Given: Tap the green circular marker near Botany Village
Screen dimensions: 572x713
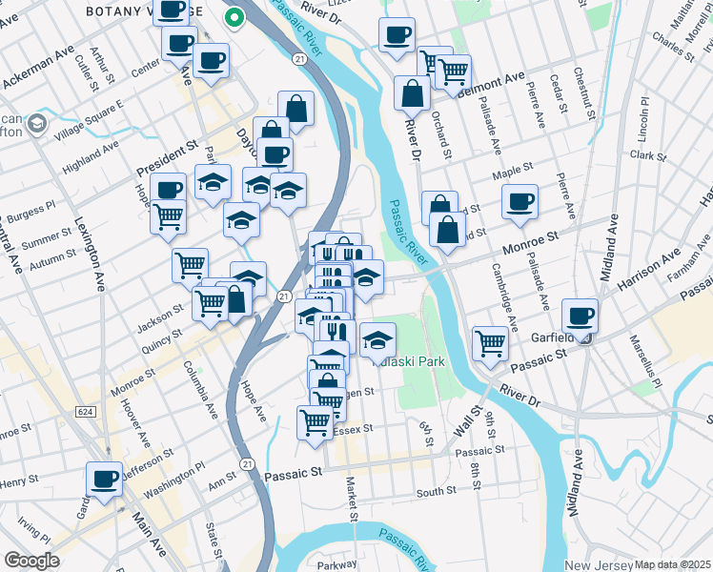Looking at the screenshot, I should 233,17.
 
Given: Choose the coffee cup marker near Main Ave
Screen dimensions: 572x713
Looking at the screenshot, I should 104,478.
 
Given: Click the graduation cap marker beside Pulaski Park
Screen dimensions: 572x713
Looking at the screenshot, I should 378,338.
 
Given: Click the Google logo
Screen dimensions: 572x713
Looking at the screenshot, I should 32,561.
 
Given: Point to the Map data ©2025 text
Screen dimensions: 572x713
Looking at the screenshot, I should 673,565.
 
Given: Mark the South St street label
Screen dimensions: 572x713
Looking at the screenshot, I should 437,491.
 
